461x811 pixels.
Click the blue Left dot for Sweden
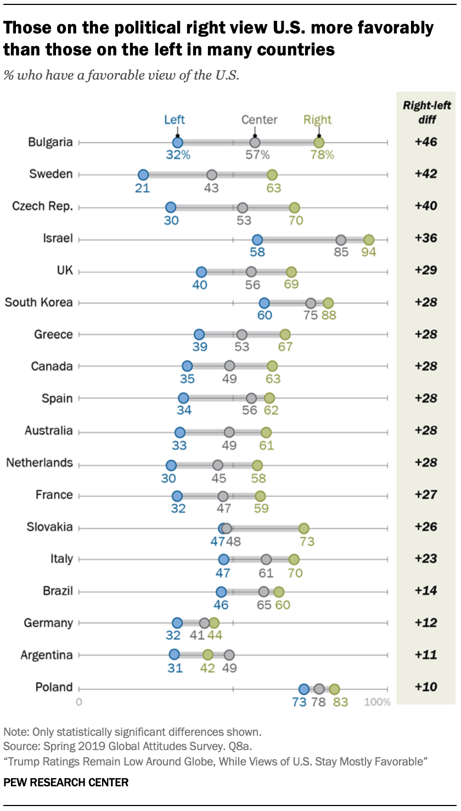click(x=143, y=175)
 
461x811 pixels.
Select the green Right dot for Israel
click(x=369, y=240)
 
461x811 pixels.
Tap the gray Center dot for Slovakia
click(x=227, y=528)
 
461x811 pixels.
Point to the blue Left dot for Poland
click(x=303, y=689)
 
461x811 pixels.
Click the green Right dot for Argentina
click(x=208, y=655)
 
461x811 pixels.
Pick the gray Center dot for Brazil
click(x=264, y=592)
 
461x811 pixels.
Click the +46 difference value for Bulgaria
click(x=426, y=142)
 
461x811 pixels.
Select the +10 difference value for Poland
click(x=426, y=687)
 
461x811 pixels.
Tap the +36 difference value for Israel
click(x=426, y=238)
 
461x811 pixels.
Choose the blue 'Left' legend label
click(x=175, y=120)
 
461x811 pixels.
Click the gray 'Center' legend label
click(x=260, y=120)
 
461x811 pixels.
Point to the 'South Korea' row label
click(x=38, y=302)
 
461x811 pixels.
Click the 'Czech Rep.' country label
click(x=42, y=206)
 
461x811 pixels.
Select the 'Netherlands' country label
click(x=40, y=463)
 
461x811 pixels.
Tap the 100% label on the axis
click(x=378, y=702)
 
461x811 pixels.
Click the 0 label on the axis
click(x=79, y=702)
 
